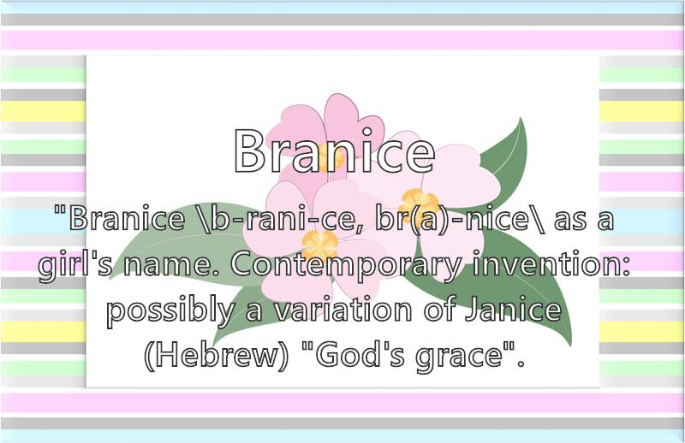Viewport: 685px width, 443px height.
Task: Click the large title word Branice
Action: pyautogui.click(x=334, y=151)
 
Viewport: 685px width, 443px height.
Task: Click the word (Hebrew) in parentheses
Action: pyautogui.click(x=217, y=356)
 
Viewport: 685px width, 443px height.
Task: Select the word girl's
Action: pyautogui.click(x=75, y=265)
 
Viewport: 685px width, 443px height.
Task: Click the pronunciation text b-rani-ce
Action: pyautogui.click(x=281, y=218)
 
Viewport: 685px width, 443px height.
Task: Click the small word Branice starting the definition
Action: pyautogui.click(x=127, y=218)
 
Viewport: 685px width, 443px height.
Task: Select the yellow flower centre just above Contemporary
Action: pyautogui.click(x=319, y=245)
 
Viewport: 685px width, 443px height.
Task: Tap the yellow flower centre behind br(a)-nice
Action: pyautogui.click(x=419, y=204)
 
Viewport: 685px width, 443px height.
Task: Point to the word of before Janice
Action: pyautogui.click(x=439, y=308)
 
